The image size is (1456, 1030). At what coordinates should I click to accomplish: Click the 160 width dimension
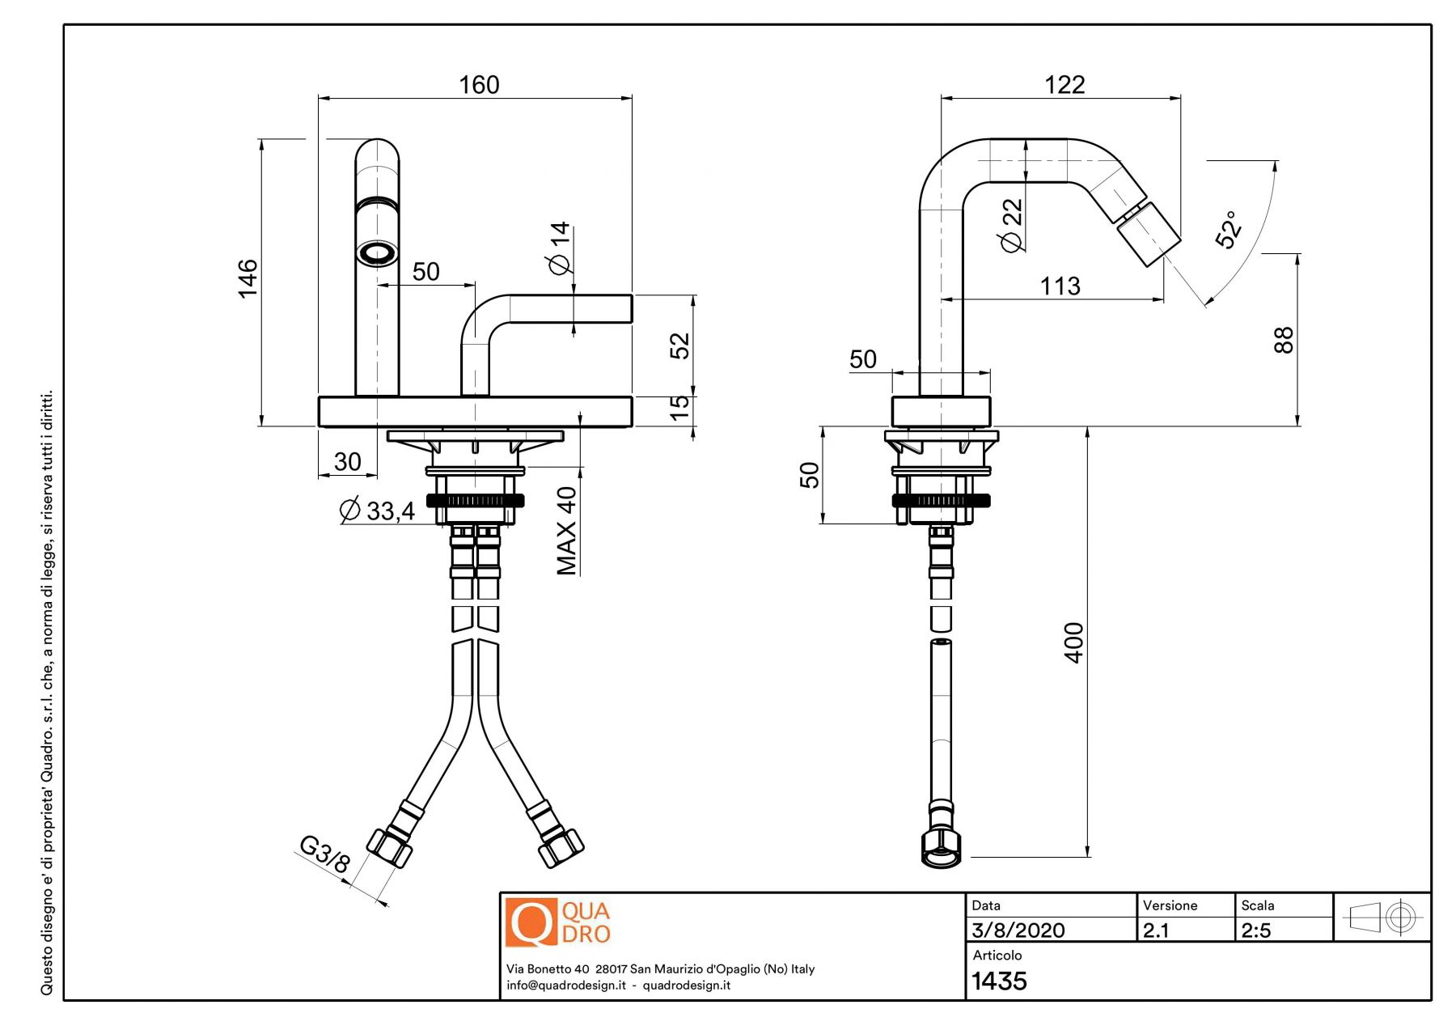tap(479, 85)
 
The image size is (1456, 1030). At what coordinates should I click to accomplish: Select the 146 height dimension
tap(248, 278)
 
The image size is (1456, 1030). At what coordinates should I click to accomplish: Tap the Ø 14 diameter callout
tap(560, 248)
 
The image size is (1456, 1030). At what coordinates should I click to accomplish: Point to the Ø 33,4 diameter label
tap(377, 511)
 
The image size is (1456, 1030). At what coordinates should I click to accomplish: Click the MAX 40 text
tap(567, 530)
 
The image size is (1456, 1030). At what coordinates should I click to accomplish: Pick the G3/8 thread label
tap(324, 854)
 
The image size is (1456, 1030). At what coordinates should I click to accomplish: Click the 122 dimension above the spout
tap(1064, 85)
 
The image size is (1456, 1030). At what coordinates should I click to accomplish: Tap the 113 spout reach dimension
tap(1060, 286)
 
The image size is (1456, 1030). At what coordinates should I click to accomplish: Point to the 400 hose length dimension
tap(1074, 642)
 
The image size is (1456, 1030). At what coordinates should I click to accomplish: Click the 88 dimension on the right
tap(1284, 340)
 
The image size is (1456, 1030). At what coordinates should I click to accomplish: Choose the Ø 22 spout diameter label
tap(1012, 225)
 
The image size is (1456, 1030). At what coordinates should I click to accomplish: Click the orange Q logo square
tap(531, 922)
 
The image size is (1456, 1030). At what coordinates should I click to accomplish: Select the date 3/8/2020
tap(1018, 930)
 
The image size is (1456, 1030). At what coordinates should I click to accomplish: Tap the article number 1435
tap(999, 981)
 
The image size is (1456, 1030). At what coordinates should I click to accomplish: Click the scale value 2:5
tap(1256, 930)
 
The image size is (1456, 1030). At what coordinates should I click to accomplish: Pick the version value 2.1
tap(1156, 930)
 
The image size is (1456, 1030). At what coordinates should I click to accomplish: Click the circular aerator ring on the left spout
tap(377, 253)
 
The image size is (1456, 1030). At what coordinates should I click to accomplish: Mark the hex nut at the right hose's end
tap(941, 846)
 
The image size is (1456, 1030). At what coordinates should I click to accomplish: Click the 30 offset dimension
tap(347, 462)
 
